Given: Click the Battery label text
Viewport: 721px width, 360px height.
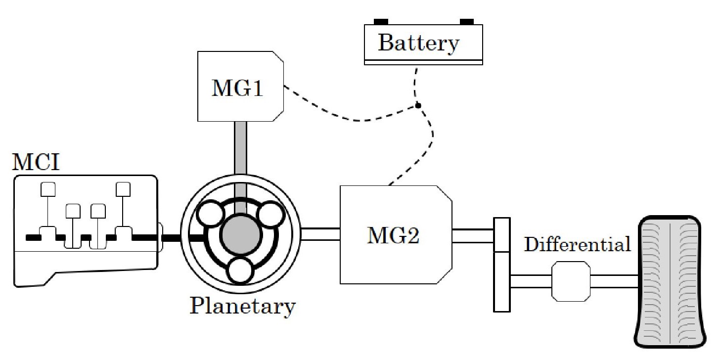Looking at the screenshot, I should coord(418,43).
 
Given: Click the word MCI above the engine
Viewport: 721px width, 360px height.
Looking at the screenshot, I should coord(36,162).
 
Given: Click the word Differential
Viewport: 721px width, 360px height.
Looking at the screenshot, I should coord(577,244).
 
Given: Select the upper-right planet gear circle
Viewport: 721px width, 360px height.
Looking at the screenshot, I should coord(270,214).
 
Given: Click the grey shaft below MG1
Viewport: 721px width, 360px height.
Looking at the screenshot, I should coord(240,148).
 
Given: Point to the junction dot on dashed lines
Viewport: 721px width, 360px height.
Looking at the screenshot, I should coord(418,105).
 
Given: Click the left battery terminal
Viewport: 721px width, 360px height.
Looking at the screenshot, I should coord(381,21).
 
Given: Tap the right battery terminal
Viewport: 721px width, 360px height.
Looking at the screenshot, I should coord(467,21).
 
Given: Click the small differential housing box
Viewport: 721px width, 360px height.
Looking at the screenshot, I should coord(571,281).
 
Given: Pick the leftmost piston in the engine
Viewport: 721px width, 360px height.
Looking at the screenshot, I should coord(48,189).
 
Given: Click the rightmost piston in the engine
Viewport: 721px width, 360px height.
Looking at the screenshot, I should coord(123,189).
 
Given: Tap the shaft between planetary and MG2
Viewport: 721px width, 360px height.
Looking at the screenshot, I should coord(320,233).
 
